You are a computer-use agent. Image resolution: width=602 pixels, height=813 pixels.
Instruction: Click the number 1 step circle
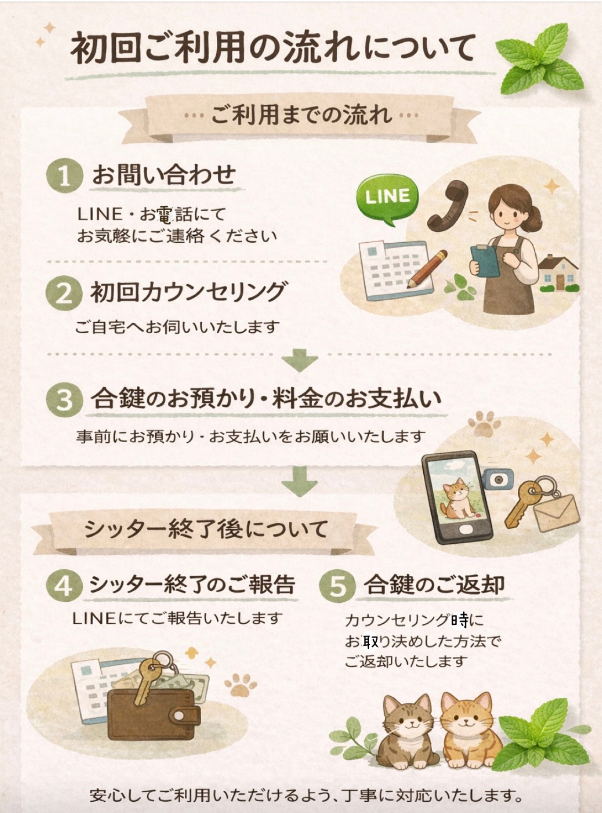(64, 175)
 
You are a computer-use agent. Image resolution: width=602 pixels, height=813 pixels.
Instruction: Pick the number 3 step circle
(64, 399)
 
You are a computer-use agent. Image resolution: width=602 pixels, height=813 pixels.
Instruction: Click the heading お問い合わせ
(163, 175)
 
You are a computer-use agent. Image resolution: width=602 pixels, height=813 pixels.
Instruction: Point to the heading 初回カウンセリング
(188, 292)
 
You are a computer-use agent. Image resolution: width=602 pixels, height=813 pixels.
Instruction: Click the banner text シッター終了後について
(206, 529)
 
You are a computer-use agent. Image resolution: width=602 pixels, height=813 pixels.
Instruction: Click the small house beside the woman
(559, 272)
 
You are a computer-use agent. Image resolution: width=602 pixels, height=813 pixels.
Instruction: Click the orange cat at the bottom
(466, 729)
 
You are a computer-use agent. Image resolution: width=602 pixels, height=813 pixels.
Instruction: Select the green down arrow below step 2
(300, 360)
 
